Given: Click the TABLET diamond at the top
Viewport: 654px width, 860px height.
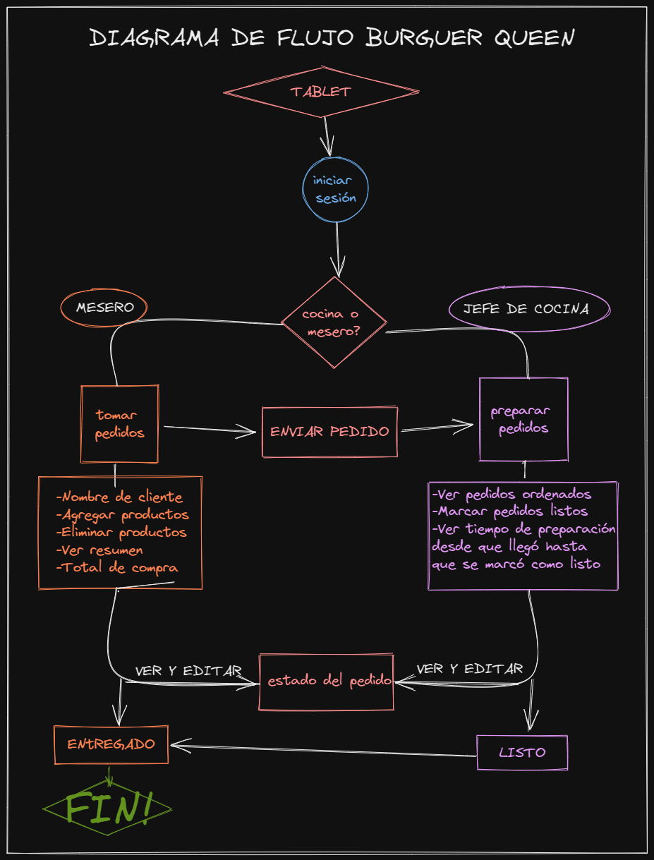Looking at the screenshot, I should (321, 92).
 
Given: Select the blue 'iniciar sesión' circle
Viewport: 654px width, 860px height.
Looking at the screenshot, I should (335, 190).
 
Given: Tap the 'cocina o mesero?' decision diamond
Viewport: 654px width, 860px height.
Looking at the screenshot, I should (334, 322).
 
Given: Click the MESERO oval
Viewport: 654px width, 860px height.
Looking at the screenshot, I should (105, 308).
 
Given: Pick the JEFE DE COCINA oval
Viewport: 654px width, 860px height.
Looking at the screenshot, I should (528, 308).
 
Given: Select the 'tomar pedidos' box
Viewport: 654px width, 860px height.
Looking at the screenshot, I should (119, 423).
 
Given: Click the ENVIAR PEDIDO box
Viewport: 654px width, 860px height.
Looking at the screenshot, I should (329, 431).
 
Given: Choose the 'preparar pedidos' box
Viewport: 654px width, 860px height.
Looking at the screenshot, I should (523, 419).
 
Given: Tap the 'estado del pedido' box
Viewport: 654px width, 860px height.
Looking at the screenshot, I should (327, 682).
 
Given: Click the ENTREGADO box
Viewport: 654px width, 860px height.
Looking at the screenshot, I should (111, 744).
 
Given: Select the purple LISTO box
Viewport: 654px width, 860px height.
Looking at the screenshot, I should (522, 752).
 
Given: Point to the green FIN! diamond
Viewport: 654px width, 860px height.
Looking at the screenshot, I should (108, 808).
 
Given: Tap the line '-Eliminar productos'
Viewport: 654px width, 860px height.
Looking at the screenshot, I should (121, 532).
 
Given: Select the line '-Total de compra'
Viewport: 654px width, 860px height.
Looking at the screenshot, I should (117, 567).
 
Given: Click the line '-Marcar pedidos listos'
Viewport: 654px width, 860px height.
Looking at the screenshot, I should (510, 511).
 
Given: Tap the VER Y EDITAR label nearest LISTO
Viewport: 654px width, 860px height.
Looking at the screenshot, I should (470, 669).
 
